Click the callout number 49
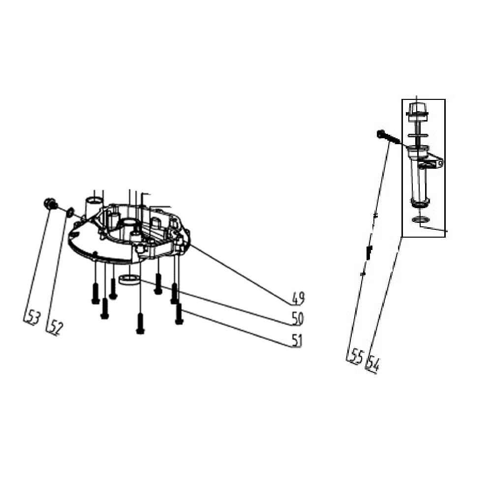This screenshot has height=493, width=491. click(x=298, y=298)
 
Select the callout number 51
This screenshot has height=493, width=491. click(x=297, y=340)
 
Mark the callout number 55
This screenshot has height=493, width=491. click(x=356, y=357)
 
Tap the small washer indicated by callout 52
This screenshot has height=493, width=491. click(x=70, y=212)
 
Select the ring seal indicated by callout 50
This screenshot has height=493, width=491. click(x=129, y=279)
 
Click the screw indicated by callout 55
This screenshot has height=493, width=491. click(x=389, y=137)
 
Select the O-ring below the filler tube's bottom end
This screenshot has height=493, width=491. click(x=420, y=219)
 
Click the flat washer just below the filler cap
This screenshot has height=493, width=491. click(x=418, y=136)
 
